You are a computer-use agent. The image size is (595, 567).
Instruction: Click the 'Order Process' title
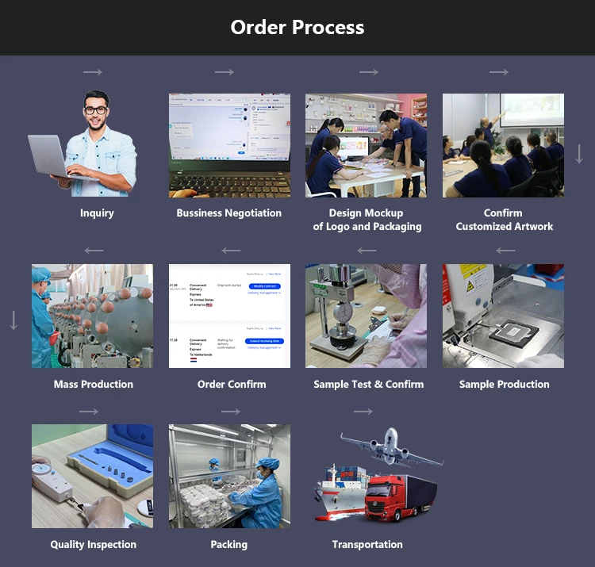click(297, 27)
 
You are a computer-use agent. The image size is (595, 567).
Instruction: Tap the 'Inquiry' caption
click(97, 213)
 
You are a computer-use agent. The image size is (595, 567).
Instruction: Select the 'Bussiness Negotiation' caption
click(229, 213)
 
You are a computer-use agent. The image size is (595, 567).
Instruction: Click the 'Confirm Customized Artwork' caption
click(503, 220)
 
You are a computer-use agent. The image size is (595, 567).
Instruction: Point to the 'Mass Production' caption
click(93, 384)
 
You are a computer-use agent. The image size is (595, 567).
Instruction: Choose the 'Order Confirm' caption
click(232, 384)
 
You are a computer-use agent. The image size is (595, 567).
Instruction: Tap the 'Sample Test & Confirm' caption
click(368, 384)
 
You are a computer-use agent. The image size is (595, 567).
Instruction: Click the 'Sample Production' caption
click(504, 384)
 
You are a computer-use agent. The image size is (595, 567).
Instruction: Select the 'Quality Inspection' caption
click(93, 544)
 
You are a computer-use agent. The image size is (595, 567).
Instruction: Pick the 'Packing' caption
click(228, 544)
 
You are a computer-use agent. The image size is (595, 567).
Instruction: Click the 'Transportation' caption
click(367, 544)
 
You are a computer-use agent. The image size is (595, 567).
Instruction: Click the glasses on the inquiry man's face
click(95, 110)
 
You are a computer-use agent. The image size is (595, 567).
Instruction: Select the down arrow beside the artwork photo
click(579, 154)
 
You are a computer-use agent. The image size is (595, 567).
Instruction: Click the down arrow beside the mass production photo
click(13, 321)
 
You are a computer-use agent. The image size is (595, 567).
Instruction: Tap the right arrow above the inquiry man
click(93, 72)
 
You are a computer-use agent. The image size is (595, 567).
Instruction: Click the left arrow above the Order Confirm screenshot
click(231, 251)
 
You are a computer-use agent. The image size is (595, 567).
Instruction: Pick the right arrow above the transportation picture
click(363, 412)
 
